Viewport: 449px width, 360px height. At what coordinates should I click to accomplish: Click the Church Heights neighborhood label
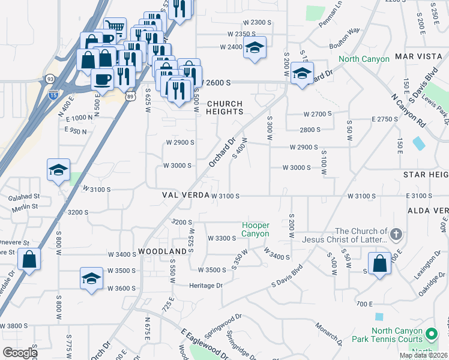pyautogui.click(x=225, y=107)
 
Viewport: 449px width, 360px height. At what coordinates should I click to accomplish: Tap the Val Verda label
pyautogui.click(x=186, y=196)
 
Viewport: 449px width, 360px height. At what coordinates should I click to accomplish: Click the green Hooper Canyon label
pyautogui.click(x=255, y=229)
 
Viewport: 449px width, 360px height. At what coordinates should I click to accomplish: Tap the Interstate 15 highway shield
pyautogui.click(x=52, y=94)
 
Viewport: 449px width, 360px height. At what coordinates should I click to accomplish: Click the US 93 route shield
pyautogui.click(x=47, y=79)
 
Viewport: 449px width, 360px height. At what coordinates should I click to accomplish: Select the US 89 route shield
pyautogui.click(x=131, y=95)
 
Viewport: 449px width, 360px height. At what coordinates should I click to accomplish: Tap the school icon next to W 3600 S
pyautogui.click(x=91, y=279)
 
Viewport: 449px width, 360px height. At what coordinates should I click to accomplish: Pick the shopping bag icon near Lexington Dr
pyautogui.click(x=379, y=264)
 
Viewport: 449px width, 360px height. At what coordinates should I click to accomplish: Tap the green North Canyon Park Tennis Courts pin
pyautogui.click(x=430, y=333)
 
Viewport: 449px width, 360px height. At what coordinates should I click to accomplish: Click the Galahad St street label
pyautogui.click(x=24, y=196)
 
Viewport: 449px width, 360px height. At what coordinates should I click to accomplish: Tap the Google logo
pyautogui.click(x=20, y=352)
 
